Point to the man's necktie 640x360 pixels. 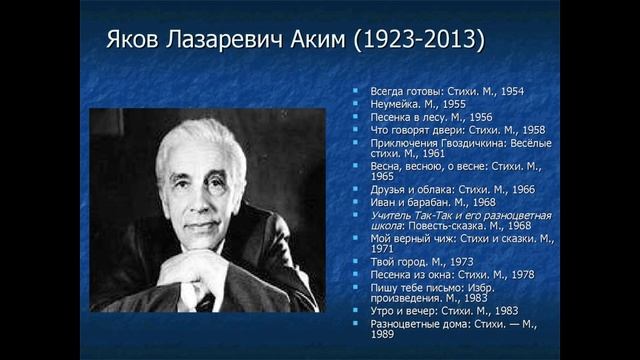206,301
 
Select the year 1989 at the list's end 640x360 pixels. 382,335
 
